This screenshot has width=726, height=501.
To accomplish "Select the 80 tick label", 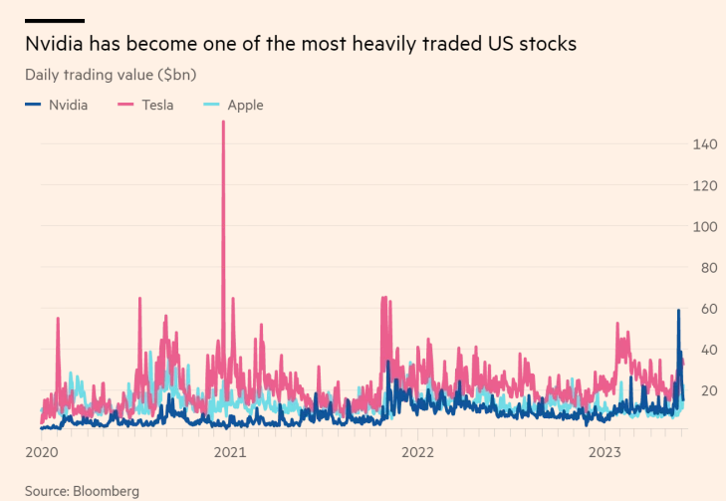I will pos(706,267).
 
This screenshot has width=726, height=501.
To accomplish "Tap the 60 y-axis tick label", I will pos(706,308).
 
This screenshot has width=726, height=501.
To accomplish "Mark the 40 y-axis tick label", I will pos(706,349).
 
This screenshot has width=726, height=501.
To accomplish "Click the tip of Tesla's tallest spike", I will pos(223,123).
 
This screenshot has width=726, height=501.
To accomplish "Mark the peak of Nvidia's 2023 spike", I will pos(678,311).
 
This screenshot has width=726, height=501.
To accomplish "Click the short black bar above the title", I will pos(55,20).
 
